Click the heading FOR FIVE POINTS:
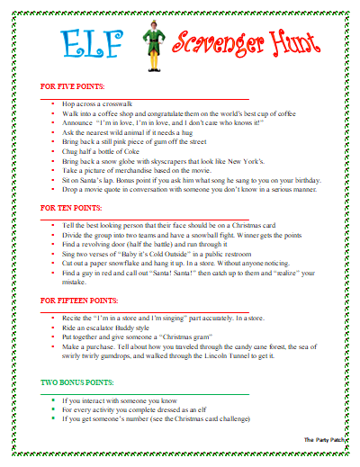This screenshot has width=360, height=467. pos(72,86)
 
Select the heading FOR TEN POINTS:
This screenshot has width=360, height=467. pos(70,206)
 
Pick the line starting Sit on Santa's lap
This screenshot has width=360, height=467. pos(180,179)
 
